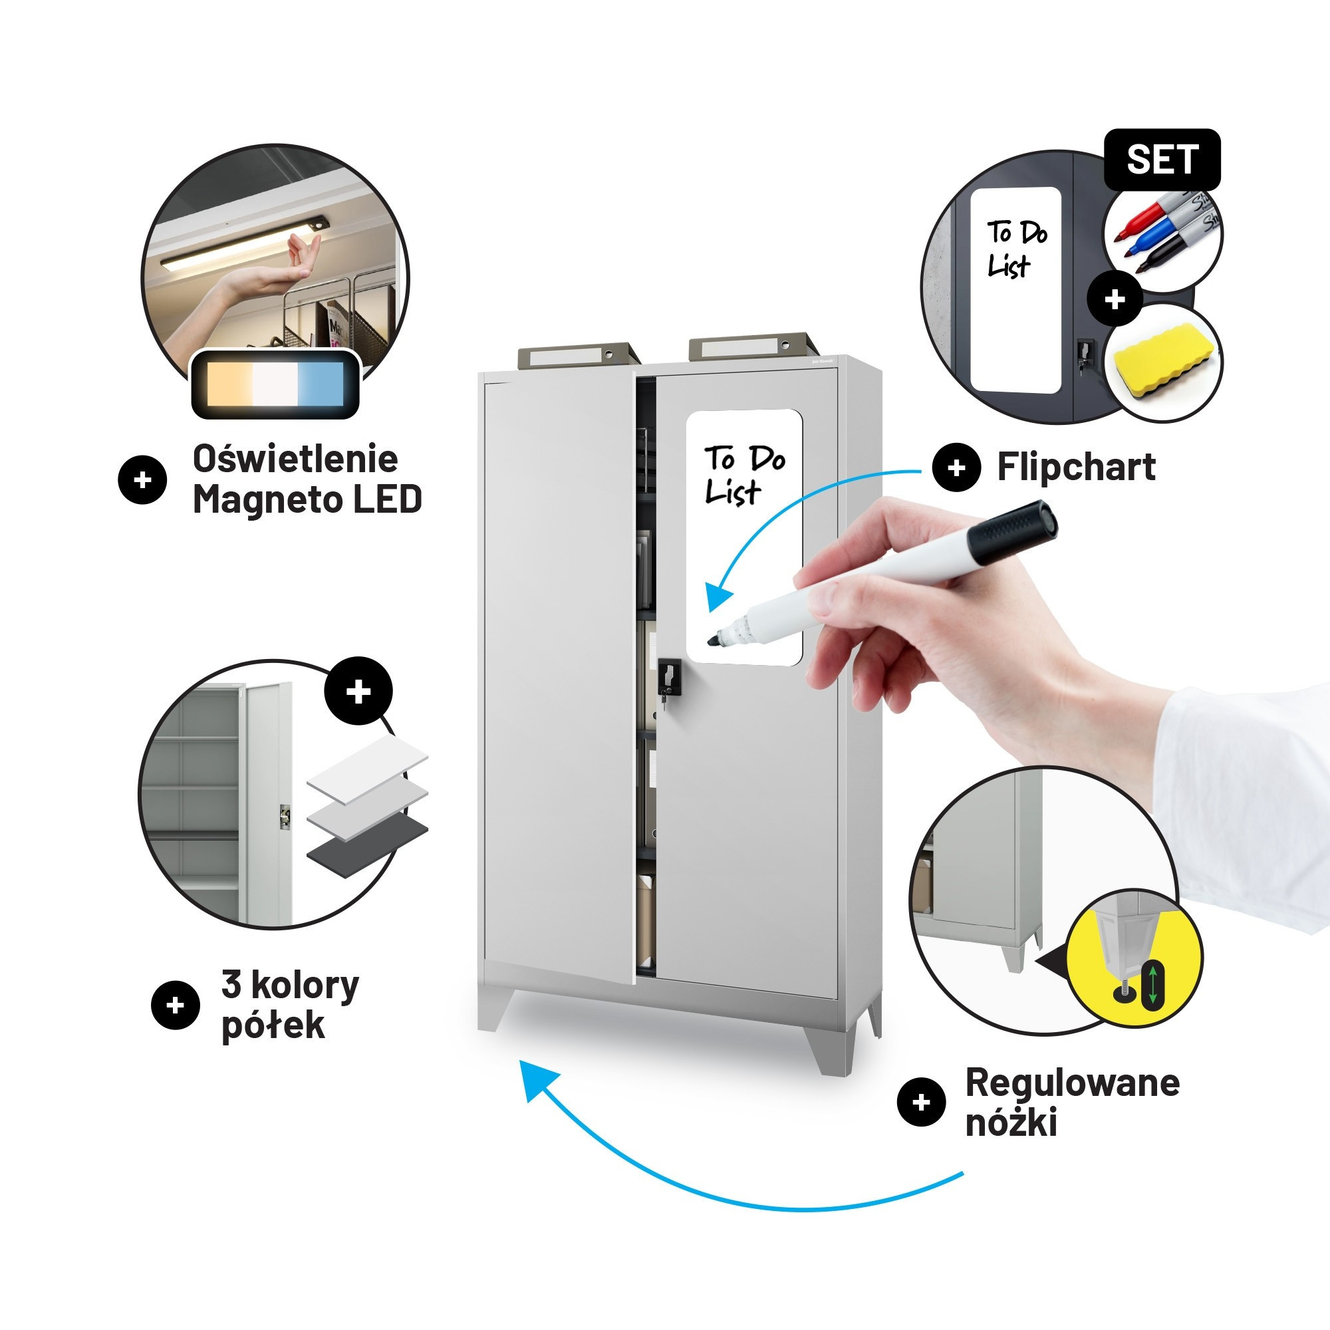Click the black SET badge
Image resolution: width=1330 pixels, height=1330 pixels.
pos(1162,160)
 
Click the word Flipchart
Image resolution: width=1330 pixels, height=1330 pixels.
pos(1076,467)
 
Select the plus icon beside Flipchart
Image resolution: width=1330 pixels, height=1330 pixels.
pos(956,468)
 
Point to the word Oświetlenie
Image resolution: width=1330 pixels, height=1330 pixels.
pos(295,458)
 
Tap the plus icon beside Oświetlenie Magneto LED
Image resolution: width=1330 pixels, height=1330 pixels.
pos(142,480)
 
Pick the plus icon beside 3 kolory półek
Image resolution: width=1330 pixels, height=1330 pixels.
pos(175,1005)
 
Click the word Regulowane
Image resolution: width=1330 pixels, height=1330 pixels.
pos(1073,1083)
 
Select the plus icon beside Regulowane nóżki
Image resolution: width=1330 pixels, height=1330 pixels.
pos(921,1103)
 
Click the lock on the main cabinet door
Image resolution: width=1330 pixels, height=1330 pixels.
pos(668,679)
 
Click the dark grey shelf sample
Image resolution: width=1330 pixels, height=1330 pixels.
pos(367,846)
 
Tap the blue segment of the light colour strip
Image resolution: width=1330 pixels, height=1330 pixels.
pos(320,383)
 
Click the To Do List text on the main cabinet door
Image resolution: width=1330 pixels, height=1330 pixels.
pos(744,475)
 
